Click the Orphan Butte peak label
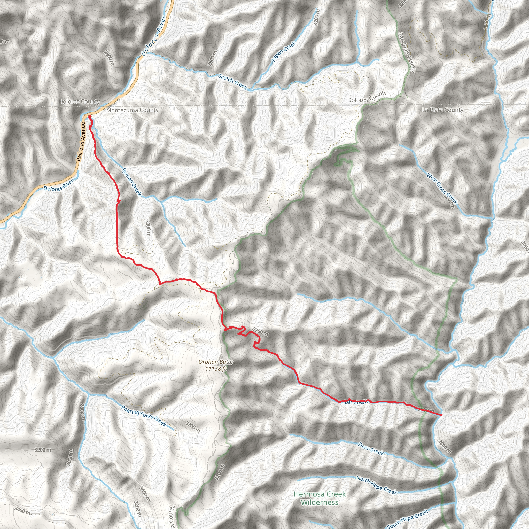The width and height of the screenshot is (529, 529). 216,362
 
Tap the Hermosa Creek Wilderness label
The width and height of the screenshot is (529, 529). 320,498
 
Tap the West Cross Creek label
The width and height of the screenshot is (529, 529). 442,188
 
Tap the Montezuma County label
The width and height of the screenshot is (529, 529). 132,110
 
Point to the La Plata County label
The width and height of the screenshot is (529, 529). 443,110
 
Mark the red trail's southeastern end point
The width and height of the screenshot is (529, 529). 441,415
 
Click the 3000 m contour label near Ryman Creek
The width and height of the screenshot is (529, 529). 148,228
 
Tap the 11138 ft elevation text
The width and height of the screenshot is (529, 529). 216,369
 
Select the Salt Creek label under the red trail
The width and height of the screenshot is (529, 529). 355,402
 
